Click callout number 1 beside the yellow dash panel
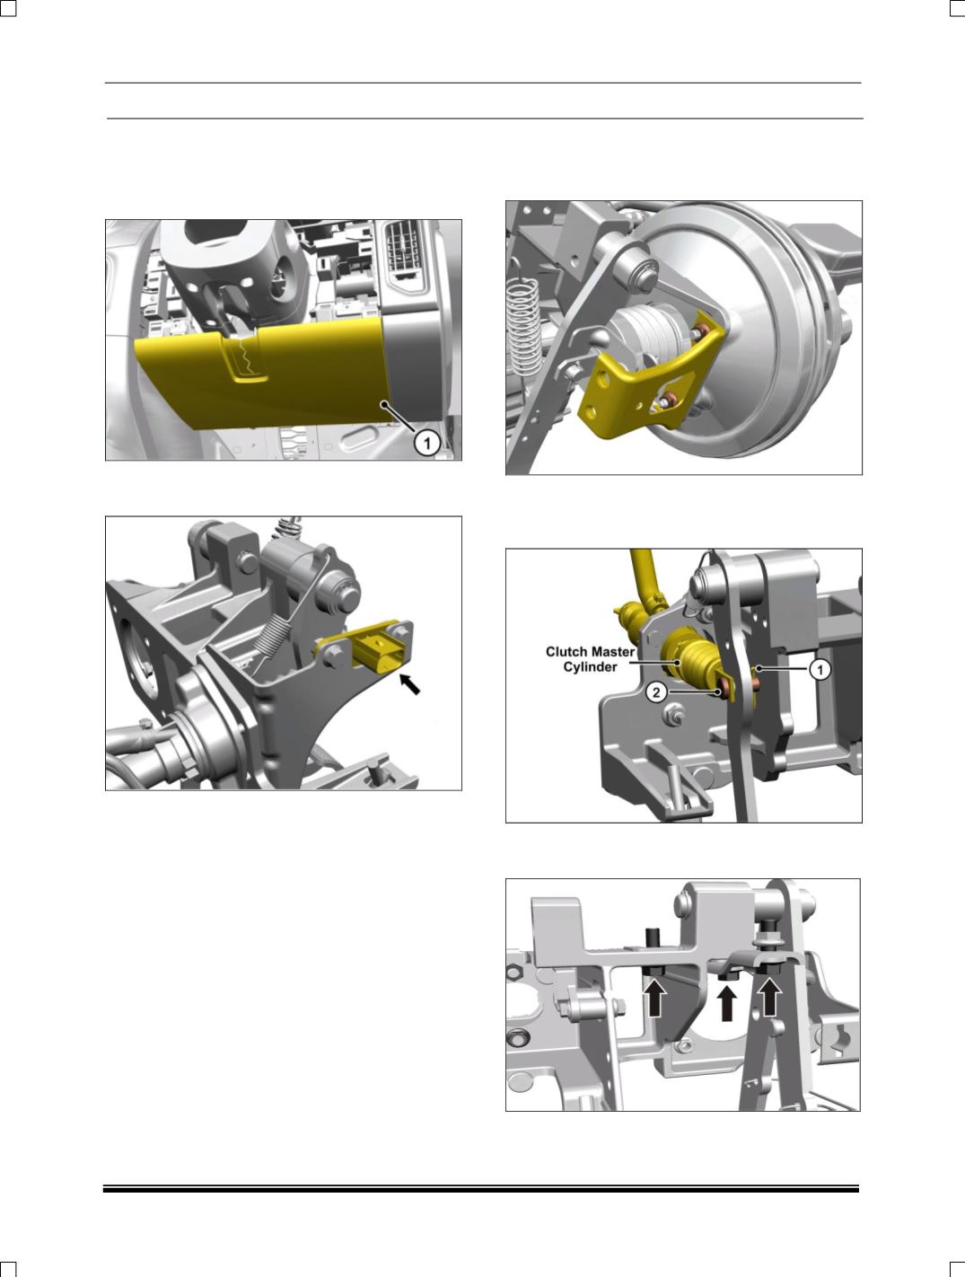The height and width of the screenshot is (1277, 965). (x=427, y=444)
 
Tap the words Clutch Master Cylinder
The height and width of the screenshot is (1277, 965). (x=589, y=659)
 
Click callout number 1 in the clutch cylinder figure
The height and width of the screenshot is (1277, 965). (x=820, y=670)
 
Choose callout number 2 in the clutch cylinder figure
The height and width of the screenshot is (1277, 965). (x=656, y=692)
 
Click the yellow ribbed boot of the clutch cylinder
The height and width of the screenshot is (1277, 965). (x=696, y=663)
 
